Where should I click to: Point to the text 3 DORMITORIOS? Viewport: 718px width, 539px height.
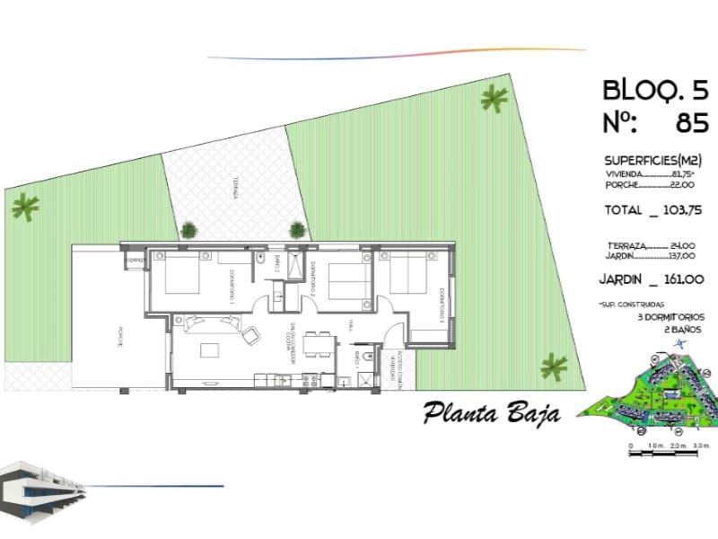pyautogui.click(x=670, y=317)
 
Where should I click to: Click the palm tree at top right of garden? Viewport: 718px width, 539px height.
pyautogui.click(x=493, y=98)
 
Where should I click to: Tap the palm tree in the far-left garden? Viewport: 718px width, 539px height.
pyautogui.click(x=24, y=208)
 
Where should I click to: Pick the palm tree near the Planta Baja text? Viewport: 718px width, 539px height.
pyautogui.click(x=554, y=366)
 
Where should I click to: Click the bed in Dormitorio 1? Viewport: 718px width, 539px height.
pyautogui.click(x=183, y=272)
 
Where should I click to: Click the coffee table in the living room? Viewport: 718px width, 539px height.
pyautogui.click(x=212, y=349)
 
